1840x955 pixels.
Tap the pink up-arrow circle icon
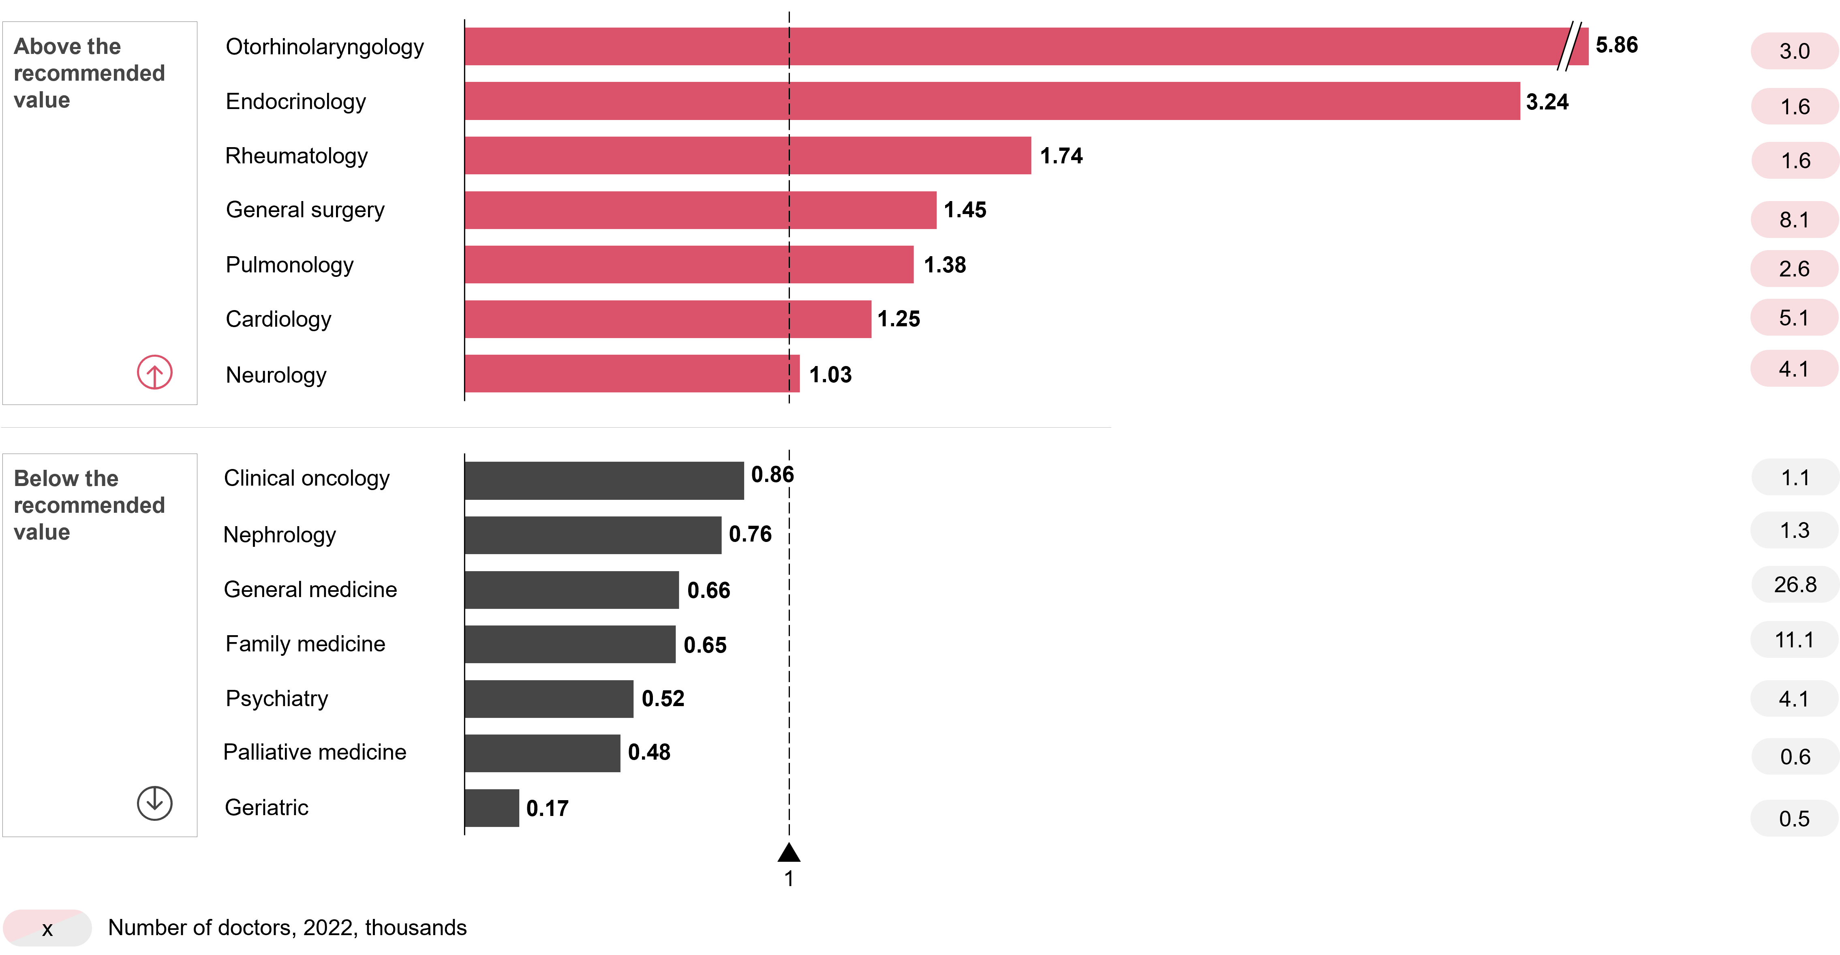pos(154,372)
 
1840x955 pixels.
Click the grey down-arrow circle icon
pos(154,803)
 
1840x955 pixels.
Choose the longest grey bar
pos(604,481)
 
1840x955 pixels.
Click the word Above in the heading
pos(67,47)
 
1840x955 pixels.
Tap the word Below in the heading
pos(66,479)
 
